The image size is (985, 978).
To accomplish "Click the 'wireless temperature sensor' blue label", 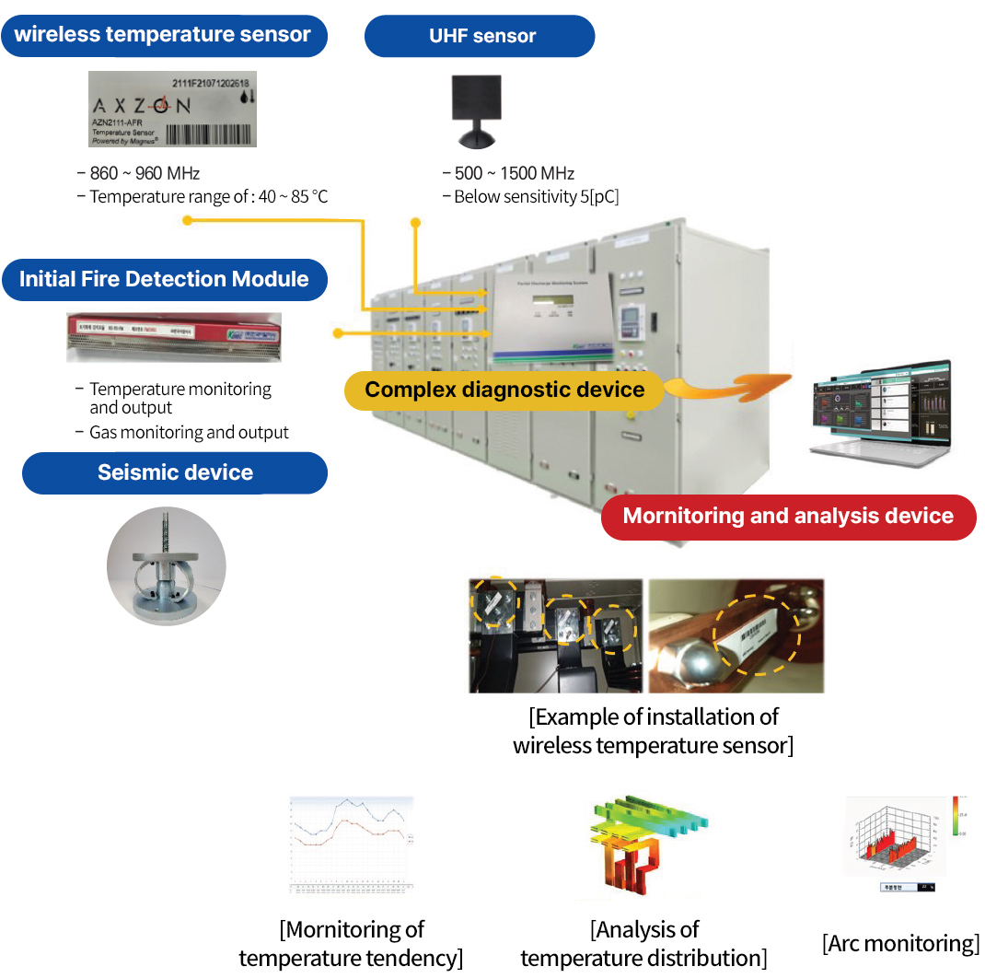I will click(163, 36).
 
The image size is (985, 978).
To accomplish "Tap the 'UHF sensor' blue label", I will click(481, 37).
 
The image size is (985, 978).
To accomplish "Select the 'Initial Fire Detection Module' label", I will click(164, 279).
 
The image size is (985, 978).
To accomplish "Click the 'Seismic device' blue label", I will click(175, 472).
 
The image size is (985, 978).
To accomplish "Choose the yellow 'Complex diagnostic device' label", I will click(504, 390).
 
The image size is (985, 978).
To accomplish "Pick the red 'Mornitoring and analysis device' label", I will click(788, 516).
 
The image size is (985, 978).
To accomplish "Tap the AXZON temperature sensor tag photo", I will click(172, 110).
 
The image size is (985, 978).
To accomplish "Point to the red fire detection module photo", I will click(172, 337).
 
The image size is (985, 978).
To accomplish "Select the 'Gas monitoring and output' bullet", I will click(189, 433).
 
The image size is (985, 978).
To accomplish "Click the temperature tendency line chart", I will click(351, 844).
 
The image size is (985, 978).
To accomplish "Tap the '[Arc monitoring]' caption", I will click(900, 943).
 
